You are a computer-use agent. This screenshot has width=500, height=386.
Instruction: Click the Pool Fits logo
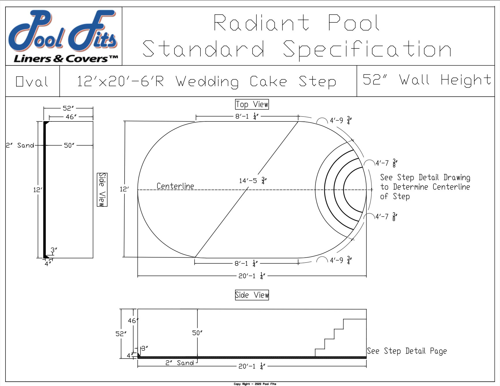point(63,36)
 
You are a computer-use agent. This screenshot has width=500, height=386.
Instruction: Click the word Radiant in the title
point(261,23)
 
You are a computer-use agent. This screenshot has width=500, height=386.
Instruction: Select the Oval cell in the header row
point(32,82)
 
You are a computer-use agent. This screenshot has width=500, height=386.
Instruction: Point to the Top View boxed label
point(252,104)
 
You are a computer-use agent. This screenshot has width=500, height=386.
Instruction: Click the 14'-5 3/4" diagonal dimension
point(253,181)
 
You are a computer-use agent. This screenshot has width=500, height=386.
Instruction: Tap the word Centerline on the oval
point(175,186)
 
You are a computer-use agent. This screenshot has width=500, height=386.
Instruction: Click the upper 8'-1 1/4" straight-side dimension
point(247,117)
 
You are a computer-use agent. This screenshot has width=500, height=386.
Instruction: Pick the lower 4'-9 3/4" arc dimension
point(340,260)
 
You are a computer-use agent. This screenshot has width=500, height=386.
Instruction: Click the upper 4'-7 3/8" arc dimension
point(386,163)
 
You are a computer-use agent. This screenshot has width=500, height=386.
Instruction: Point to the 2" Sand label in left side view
point(20,145)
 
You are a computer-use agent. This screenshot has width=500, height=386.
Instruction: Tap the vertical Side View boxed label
point(102,190)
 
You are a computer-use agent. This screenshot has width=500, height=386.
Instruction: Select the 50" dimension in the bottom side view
point(197,333)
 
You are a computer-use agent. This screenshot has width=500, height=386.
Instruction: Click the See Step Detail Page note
point(407,351)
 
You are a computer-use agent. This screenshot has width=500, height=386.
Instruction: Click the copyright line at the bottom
point(255,384)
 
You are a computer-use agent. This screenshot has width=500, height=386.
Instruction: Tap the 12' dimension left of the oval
point(124,189)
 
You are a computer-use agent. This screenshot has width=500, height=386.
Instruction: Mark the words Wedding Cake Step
point(256,82)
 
